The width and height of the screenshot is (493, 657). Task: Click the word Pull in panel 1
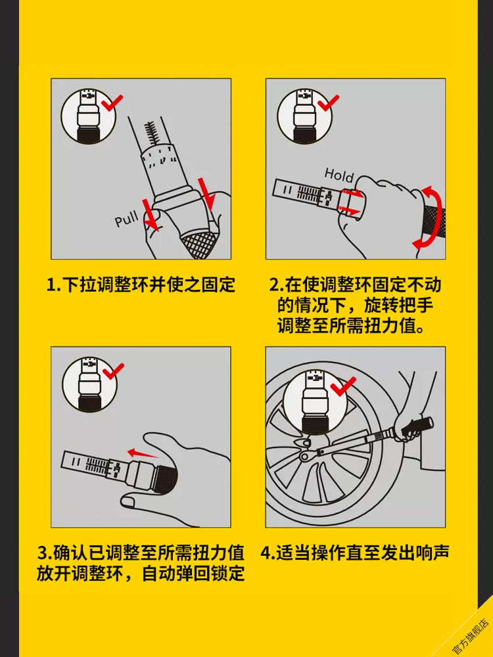pos(127,217)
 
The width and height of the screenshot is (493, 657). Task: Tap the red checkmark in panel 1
pos(112,102)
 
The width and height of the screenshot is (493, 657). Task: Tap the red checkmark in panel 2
pos(327,102)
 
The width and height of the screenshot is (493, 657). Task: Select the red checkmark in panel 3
pos(113,370)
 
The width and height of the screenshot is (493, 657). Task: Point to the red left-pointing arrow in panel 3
pos(143,453)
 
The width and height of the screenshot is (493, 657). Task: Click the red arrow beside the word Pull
pos(150,215)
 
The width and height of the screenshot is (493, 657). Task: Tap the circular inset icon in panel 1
pos(88,116)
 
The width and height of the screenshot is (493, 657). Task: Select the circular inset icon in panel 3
pos(89,384)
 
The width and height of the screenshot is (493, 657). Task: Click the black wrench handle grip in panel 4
pos(417,426)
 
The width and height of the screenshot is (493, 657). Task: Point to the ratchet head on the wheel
pos(308,455)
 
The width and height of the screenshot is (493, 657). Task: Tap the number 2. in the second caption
pos(276,285)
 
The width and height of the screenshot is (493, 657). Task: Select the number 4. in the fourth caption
pos(268,553)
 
